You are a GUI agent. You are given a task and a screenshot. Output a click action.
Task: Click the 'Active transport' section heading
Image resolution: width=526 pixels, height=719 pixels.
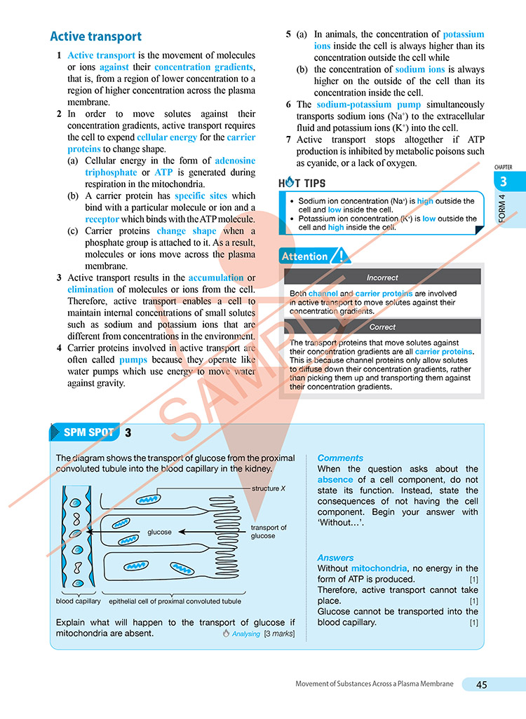pyautogui.click(x=95, y=37)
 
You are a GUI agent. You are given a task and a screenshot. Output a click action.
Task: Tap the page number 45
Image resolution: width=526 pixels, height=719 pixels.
pyautogui.click(x=482, y=685)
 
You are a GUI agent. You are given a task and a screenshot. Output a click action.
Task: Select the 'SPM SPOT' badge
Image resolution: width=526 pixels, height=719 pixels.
pyautogui.click(x=88, y=432)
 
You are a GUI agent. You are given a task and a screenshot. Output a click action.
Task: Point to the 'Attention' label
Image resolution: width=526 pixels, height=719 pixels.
pyautogui.click(x=305, y=256)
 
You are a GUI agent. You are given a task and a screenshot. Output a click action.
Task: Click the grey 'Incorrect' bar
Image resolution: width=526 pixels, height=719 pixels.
pyautogui.click(x=382, y=278)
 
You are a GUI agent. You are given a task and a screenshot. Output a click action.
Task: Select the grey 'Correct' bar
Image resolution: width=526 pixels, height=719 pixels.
pyautogui.click(x=382, y=327)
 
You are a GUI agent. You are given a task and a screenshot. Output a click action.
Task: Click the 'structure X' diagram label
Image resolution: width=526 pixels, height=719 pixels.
pyautogui.click(x=269, y=488)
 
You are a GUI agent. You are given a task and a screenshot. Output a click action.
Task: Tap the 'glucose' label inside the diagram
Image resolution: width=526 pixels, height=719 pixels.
pyautogui.click(x=160, y=532)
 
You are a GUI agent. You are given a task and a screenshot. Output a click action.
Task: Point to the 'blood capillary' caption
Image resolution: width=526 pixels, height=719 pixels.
pyautogui.click(x=78, y=601)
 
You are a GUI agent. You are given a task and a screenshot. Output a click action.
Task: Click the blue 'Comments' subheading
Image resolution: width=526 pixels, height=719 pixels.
pyautogui.click(x=340, y=458)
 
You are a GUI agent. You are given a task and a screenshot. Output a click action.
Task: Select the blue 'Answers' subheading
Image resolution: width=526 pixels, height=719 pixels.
pyautogui.click(x=337, y=558)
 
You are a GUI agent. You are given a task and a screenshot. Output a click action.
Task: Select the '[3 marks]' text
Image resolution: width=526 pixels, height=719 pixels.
pyautogui.click(x=279, y=634)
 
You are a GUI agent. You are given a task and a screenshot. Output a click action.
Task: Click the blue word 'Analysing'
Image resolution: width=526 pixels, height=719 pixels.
pyautogui.click(x=246, y=634)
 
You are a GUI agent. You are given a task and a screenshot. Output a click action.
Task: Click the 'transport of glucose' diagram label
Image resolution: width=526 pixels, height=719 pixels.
pyautogui.click(x=269, y=531)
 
